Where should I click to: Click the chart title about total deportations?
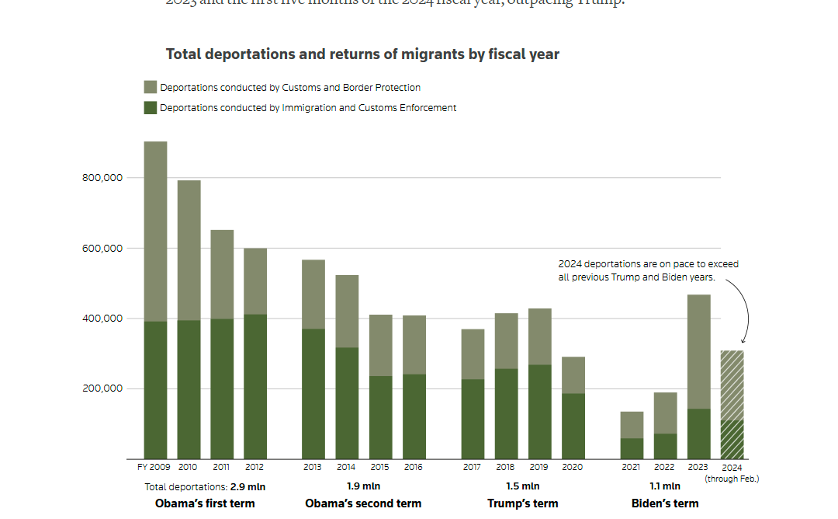362,54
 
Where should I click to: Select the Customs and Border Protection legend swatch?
151,88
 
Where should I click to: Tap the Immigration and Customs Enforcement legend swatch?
151,108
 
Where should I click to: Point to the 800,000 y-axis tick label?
102,178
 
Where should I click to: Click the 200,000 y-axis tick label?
102,388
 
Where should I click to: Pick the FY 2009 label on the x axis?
154,468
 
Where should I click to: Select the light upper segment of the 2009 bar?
155,232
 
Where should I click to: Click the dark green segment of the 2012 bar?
255,387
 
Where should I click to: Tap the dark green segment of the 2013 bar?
313,394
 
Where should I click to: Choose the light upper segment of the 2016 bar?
414,345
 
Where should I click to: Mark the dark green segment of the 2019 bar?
540,412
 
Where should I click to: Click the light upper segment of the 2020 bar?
573,375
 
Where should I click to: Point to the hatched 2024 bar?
732,405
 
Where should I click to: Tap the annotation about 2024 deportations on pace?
648,270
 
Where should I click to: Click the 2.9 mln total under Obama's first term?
244,487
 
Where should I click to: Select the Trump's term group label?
523,503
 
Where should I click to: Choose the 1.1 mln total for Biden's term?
665,486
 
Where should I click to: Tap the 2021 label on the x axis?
632,468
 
